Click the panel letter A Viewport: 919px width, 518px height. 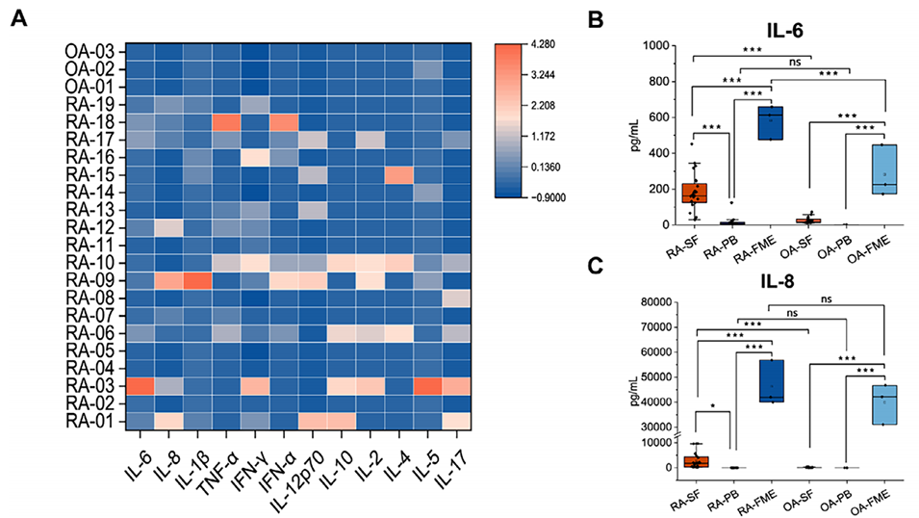[x=18, y=22]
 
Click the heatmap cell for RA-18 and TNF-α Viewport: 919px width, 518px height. [x=224, y=122]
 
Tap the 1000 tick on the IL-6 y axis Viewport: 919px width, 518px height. [x=665, y=45]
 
